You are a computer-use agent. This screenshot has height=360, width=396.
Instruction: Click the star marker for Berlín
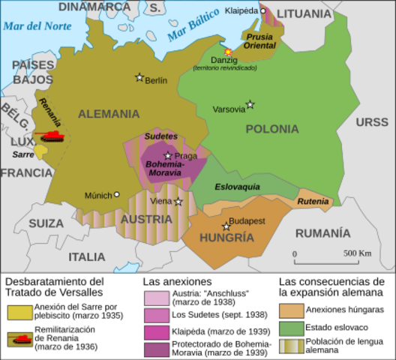139,77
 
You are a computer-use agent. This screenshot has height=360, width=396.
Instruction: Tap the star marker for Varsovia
250,105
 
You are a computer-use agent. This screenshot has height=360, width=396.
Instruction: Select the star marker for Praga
167,156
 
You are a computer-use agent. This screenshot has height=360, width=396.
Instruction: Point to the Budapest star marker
226,226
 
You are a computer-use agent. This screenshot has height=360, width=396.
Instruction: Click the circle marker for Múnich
116,194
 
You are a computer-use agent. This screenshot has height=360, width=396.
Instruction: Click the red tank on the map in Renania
51,136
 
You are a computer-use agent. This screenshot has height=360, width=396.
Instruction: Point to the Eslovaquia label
237,186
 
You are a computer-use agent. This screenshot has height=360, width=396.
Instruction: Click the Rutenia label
313,201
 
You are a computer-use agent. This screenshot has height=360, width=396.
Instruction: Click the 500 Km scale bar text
356,253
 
